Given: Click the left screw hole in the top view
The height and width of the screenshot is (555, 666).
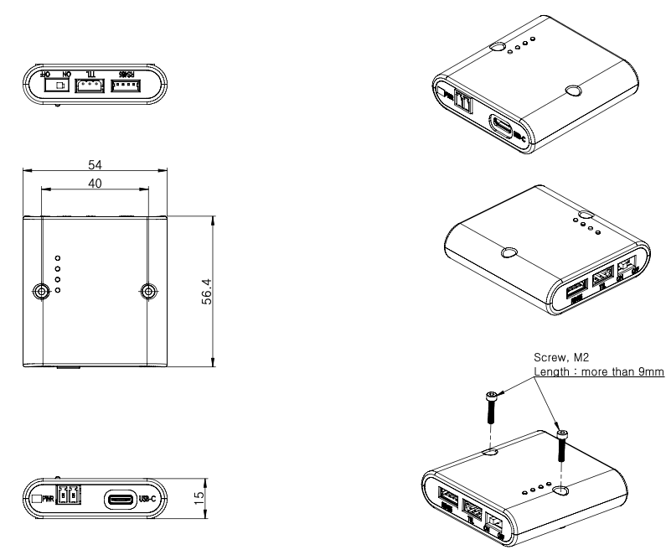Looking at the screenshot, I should click(x=40, y=291).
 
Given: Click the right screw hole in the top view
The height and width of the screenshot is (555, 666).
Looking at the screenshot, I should click(x=148, y=291).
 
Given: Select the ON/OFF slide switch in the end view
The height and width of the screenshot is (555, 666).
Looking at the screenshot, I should click(x=56, y=85).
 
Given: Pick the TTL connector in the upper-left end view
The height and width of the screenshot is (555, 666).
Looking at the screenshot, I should click(x=90, y=85).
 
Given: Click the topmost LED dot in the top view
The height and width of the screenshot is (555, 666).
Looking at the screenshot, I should click(x=58, y=257).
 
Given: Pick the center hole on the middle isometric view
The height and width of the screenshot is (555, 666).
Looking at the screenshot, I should click(x=508, y=252).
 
